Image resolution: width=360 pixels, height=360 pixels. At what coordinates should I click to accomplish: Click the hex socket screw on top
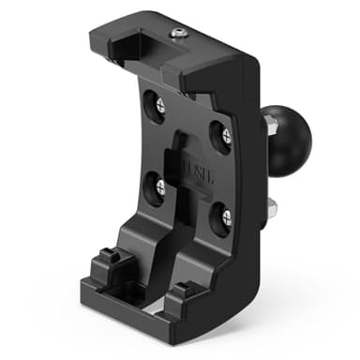[x=177, y=35]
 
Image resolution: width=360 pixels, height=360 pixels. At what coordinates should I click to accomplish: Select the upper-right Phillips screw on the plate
[x=226, y=137]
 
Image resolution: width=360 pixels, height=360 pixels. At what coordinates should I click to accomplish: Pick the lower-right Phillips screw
[x=225, y=218]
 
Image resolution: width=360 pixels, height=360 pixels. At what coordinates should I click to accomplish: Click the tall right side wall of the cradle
[x=247, y=187]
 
